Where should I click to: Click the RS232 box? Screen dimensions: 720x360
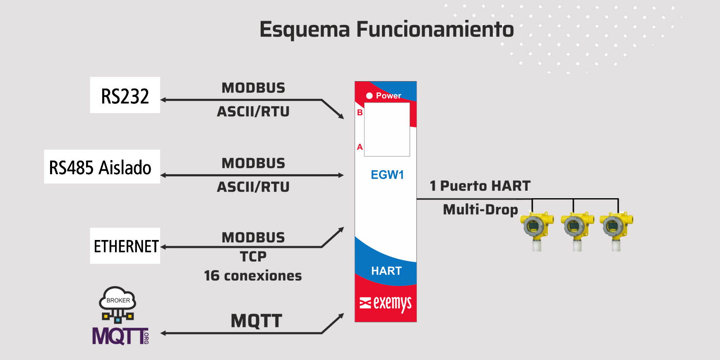point(125,95)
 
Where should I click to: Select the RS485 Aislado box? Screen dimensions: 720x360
point(102,166)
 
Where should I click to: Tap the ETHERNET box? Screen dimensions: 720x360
point(125,246)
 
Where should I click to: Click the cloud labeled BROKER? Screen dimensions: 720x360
point(118,299)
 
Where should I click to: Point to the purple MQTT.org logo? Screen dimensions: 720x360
point(120,336)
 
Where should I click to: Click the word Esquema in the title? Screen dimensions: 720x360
point(305,30)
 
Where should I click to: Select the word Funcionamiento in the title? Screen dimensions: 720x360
point(435,29)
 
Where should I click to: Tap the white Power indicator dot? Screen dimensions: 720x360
point(370,96)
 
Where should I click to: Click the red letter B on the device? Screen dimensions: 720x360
point(360,113)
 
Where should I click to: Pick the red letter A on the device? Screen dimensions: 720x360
point(360,147)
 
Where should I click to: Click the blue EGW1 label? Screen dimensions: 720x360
point(387,175)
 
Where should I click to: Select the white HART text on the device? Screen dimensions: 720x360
point(386,271)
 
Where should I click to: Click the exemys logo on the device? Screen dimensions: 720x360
point(386,304)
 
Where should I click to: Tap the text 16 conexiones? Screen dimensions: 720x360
point(253,276)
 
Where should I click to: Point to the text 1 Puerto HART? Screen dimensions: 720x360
point(480,186)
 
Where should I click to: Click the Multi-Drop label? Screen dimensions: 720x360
point(480,209)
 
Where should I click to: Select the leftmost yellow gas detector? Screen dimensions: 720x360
point(537,231)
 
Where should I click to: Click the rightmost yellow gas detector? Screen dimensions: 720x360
point(616,231)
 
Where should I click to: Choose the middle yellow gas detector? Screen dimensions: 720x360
point(577,231)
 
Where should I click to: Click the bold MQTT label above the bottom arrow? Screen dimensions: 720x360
point(257,321)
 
